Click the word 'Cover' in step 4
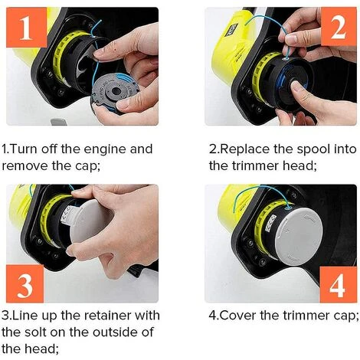coord(240,315)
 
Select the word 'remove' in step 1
coord(26,165)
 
